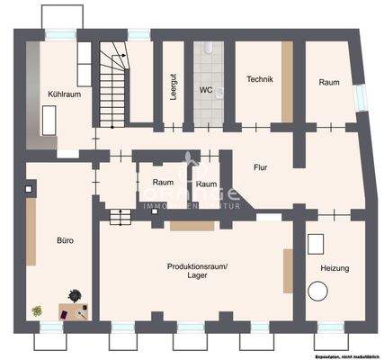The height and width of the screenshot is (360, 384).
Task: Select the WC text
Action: tap(205, 90)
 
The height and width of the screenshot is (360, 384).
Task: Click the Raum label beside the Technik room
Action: tap(328, 82)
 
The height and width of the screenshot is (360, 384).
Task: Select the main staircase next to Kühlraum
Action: tap(112, 85)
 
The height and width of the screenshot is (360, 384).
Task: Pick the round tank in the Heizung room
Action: tap(317, 292)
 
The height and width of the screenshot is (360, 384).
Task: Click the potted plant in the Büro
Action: tap(38, 310)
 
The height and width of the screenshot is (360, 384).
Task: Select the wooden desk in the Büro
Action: tap(72, 312)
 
